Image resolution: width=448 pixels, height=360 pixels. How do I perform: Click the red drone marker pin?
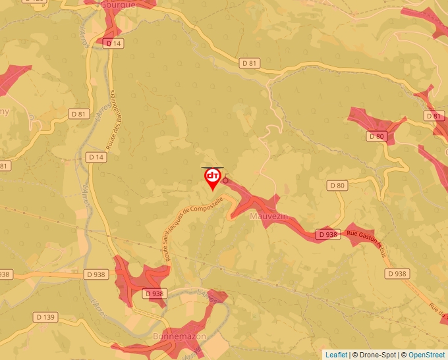213,178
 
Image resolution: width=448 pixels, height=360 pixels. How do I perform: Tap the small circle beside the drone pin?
225,180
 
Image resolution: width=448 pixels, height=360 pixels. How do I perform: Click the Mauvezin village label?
265,215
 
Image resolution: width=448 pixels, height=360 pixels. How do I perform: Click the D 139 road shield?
45,317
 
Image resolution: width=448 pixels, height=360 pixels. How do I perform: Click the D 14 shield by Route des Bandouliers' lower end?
96,157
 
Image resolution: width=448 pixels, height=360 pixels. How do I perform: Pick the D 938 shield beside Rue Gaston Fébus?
327,234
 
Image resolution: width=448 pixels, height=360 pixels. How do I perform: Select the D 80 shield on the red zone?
376,136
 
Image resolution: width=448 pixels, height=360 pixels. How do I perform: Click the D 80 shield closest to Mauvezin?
336,186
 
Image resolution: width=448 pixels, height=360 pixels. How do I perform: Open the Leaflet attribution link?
336,355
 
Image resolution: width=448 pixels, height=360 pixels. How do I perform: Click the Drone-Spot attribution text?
375,355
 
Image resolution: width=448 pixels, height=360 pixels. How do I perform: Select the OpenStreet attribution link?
427,355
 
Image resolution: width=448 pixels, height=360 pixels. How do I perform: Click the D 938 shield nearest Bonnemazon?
154,294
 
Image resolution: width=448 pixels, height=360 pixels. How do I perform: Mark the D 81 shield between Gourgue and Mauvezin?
249,63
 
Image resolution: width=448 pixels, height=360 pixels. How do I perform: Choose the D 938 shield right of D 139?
95,274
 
